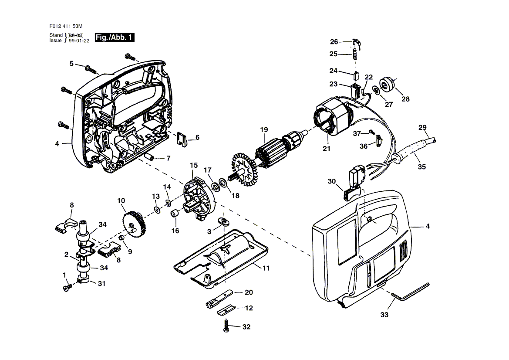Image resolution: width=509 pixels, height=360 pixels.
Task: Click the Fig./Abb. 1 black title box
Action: pos(115,37)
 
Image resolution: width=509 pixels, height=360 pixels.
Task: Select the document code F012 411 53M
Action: pos(66,26)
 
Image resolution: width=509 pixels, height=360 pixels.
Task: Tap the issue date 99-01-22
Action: pos(79,41)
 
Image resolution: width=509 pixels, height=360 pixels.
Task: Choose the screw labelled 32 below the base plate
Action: pos(227,325)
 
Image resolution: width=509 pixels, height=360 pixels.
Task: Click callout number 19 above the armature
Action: pos(264,129)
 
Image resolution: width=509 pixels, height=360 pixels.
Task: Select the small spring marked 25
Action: pos(355,54)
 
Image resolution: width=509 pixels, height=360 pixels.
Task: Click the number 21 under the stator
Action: pos(327,149)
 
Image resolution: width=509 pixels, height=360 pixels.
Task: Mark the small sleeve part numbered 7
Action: pos(150,156)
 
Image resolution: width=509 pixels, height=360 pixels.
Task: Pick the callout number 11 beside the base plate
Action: pos(266,268)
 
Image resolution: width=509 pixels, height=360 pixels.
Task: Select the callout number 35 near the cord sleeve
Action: pos(421,166)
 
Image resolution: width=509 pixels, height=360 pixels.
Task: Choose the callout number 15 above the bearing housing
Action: pos(194,165)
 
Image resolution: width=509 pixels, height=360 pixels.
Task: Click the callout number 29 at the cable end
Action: pos(422,127)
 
